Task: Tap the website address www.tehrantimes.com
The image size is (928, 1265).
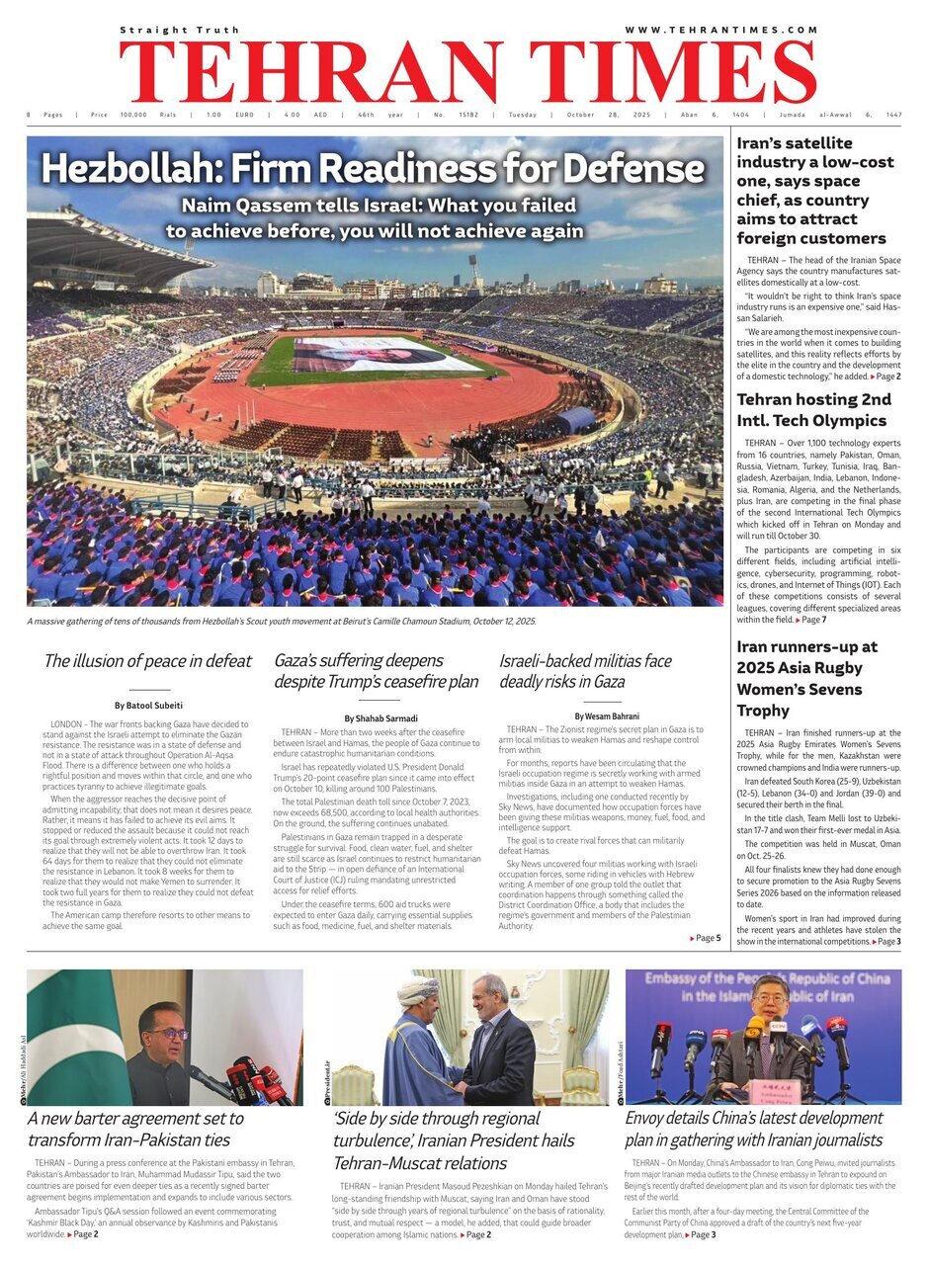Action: [x=720, y=30]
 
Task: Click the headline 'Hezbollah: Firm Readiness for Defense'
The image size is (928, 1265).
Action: [x=373, y=169]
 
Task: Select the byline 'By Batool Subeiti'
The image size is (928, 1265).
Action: [x=148, y=706]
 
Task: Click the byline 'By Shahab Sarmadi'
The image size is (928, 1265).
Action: [x=380, y=717]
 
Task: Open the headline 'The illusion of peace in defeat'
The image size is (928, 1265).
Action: [x=147, y=661]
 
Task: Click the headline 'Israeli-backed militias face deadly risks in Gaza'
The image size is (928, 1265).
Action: [x=585, y=671]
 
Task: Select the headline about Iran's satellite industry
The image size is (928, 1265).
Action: [x=815, y=191]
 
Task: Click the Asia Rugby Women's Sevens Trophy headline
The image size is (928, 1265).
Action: [x=806, y=679]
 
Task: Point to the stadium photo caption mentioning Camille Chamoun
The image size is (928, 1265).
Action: [x=282, y=621]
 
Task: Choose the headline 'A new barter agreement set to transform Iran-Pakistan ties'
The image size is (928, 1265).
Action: [x=135, y=1130]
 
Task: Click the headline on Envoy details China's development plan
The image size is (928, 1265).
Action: [x=754, y=1130]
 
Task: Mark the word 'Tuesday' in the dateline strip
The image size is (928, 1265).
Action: [x=523, y=115]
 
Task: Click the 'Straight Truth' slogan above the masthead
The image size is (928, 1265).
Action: [x=167, y=31]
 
